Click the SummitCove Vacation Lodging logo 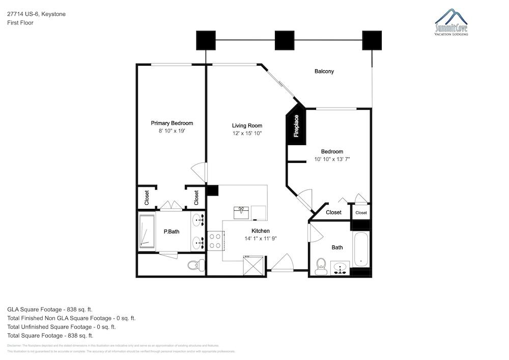[451, 22]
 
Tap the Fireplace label [296, 126]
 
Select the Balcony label [324, 71]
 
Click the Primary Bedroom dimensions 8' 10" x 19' [172, 131]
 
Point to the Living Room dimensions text [247, 133]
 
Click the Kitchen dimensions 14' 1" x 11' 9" [261, 238]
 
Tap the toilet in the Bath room [321, 266]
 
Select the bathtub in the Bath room [361, 249]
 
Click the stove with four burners [215, 240]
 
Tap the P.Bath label [171, 232]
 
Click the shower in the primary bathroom [147, 232]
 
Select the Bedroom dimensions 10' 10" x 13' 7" [332, 159]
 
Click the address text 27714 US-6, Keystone [36, 14]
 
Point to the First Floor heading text [20, 23]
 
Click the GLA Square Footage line [50, 309]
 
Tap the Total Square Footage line [50, 336]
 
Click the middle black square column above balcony [285, 40]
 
